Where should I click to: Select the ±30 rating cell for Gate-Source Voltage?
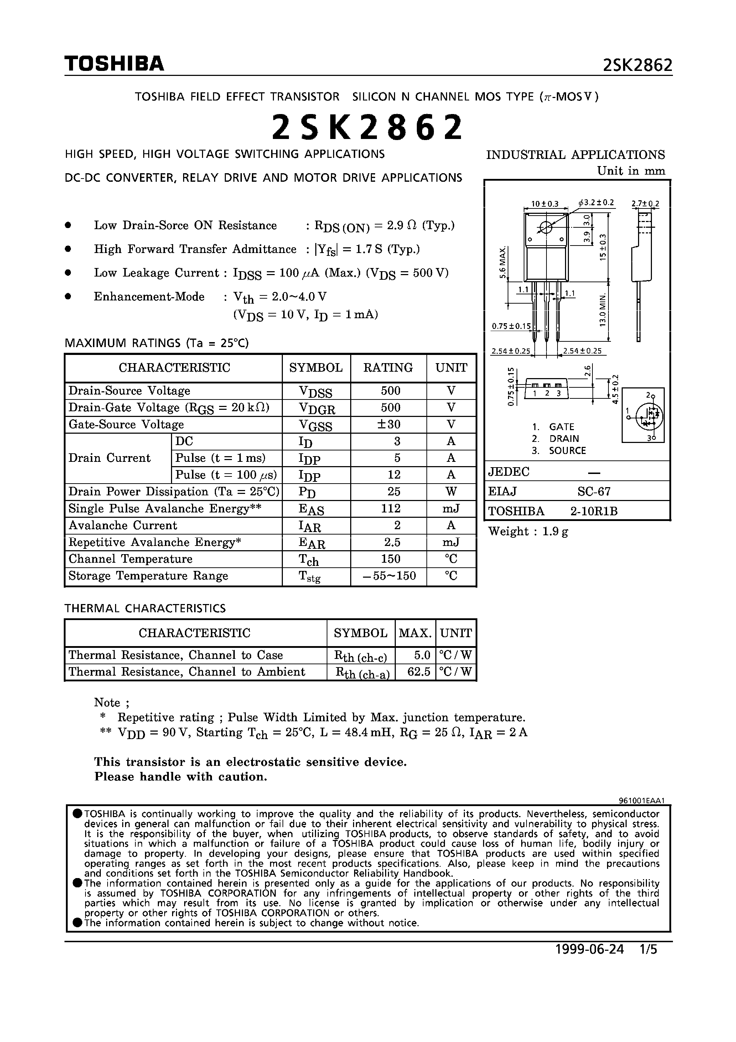point(390,424)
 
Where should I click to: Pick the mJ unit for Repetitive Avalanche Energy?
point(451,542)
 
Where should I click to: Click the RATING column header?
point(388,368)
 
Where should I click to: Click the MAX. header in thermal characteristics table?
point(415,633)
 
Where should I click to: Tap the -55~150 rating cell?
point(390,576)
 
